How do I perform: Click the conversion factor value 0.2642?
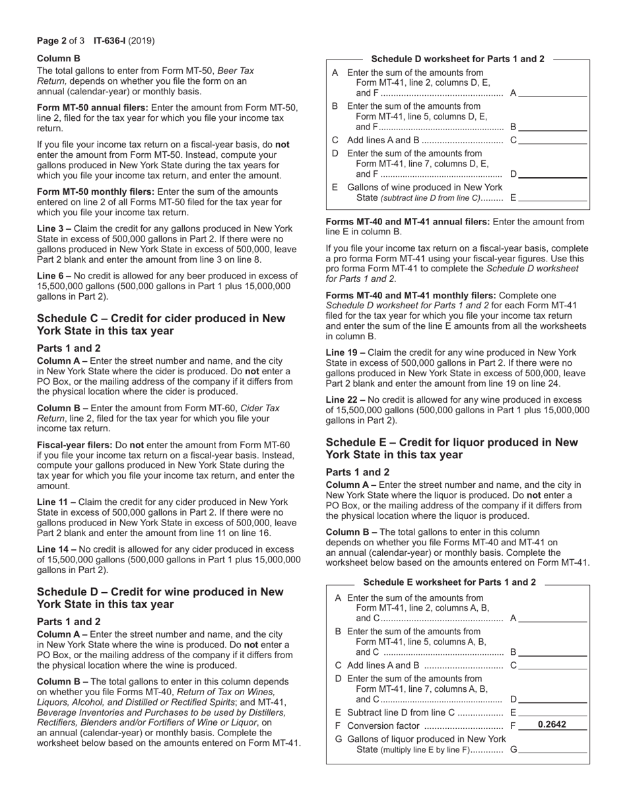coord(552,725)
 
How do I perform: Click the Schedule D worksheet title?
coord(457,59)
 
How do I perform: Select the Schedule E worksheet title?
coord(449,582)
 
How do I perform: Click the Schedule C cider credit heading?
coord(161,324)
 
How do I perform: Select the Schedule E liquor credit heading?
coord(451,448)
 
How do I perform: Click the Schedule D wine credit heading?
coord(160,597)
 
